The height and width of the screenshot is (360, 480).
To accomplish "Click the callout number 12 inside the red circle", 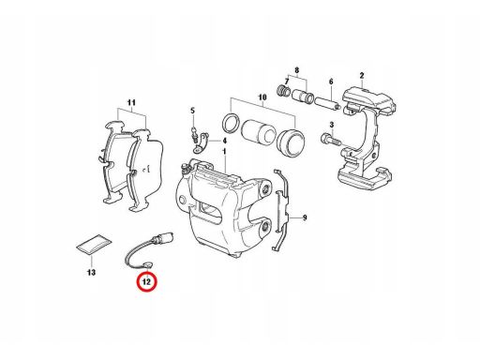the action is point(146,282).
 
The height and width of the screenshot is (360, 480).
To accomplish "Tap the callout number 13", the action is point(91,273).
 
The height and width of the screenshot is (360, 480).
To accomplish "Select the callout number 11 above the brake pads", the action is point(131,102).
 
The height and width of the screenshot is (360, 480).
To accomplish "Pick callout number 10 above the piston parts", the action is point(262,97).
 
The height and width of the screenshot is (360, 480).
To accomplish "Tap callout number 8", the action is point(297,69).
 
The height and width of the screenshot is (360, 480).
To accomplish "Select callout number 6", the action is point(331,82).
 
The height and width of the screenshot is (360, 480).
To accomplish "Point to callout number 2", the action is point(362,75).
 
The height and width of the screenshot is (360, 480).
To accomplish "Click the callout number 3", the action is point(332,125).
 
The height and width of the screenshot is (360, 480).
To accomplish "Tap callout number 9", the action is point(305,217).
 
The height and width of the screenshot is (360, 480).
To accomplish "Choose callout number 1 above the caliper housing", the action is point(224,152).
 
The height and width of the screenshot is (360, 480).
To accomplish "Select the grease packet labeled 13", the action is point(95,244).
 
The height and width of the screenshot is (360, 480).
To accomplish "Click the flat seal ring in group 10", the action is point(232,123).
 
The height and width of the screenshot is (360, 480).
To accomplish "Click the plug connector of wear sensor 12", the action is point(162,238).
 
